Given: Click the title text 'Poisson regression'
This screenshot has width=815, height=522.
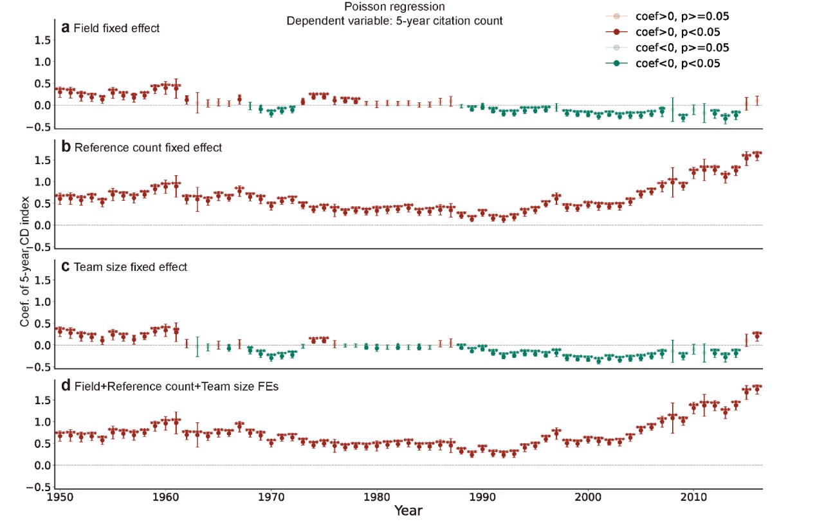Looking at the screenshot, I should point(394,8).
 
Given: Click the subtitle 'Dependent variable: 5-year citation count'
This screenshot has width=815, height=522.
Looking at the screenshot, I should point(394,21).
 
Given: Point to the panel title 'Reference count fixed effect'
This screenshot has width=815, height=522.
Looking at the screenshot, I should point(148,147).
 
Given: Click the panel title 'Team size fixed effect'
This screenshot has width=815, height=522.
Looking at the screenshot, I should point(131,267).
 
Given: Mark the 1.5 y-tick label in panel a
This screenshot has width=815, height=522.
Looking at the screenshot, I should point(42,41).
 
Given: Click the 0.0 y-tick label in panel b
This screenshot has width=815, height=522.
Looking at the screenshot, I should point(42,225).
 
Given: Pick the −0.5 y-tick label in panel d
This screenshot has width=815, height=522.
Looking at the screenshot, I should point(40,487).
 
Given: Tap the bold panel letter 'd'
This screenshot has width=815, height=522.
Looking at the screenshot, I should point(66,387).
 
